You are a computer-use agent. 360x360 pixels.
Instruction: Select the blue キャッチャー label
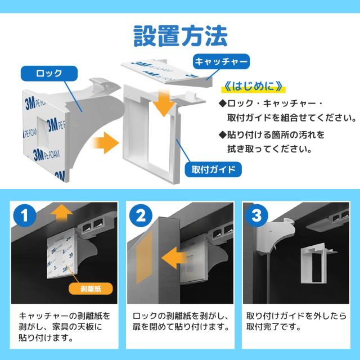click(220, 61)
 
